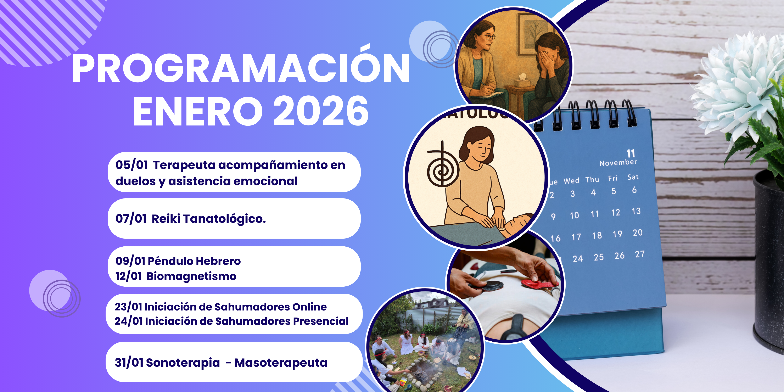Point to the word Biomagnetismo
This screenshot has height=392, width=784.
click(x=191, y=276)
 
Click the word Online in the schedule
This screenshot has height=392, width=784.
click(x=309, y=307)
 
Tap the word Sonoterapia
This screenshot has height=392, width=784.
click(x=183, y=363)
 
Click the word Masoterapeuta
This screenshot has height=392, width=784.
click(x=281, y=363)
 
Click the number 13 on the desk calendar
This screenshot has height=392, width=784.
click(x=636, y=211)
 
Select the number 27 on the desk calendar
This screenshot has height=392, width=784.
click(x=639, y=254)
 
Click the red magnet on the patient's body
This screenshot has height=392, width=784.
click(x=539, y=284)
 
